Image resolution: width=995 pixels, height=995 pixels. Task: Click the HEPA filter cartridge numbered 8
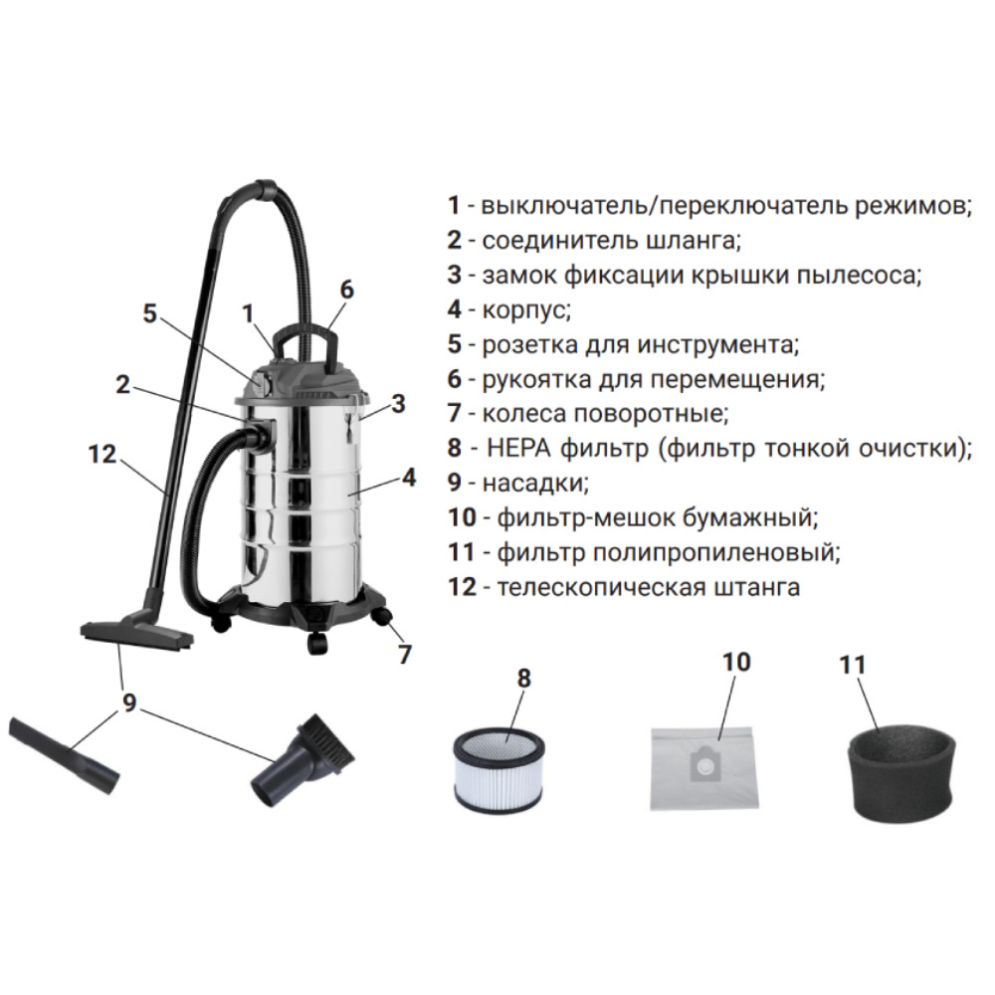500,770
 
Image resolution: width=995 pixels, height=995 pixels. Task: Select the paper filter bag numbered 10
704,767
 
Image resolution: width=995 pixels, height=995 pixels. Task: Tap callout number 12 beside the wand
102,455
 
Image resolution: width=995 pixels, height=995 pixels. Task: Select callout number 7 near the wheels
406,654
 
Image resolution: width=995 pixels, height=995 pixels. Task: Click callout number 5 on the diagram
149,312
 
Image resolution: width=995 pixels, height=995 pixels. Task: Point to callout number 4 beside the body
409,478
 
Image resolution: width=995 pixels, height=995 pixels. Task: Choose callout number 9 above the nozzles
129,702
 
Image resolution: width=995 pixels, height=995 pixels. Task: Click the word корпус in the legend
526,310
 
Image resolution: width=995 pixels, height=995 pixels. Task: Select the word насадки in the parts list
535,483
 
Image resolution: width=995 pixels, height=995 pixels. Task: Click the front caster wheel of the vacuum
318,644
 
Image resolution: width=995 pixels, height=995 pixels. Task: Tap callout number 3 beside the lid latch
399,404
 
